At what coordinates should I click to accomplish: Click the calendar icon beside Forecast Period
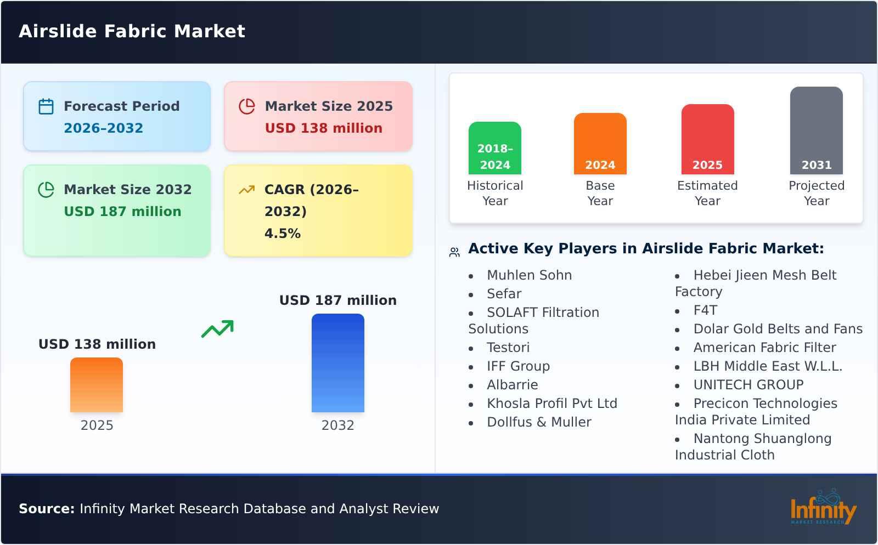click(46, 106)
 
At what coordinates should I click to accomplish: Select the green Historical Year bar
click(494, 147)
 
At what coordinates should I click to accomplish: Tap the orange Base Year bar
click(600, 143)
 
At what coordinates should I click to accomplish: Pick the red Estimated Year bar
click(707, 139)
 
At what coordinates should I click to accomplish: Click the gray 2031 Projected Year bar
click(816, 130)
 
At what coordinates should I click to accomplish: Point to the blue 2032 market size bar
click(337, 362)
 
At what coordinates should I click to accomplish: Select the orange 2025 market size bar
click(97, 384)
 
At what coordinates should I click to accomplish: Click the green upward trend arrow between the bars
click(217, 329)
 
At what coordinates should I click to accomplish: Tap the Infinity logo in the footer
click(823, 508)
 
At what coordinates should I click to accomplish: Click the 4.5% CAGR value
click(282, 234)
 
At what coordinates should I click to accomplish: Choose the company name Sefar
click(504, 294)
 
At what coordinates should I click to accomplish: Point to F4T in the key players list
click(705, 310)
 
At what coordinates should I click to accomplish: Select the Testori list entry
click(508, 348)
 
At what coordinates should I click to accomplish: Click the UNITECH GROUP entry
click(748, 385)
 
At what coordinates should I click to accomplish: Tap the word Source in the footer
click(46, 509)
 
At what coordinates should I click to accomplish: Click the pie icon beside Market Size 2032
click(46, 190)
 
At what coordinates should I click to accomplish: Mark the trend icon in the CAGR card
click(246, 190)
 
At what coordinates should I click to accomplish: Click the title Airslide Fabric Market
click(132, 31)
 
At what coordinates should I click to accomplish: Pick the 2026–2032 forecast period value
click(103, 128)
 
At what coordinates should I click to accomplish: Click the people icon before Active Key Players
click(454, 252)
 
